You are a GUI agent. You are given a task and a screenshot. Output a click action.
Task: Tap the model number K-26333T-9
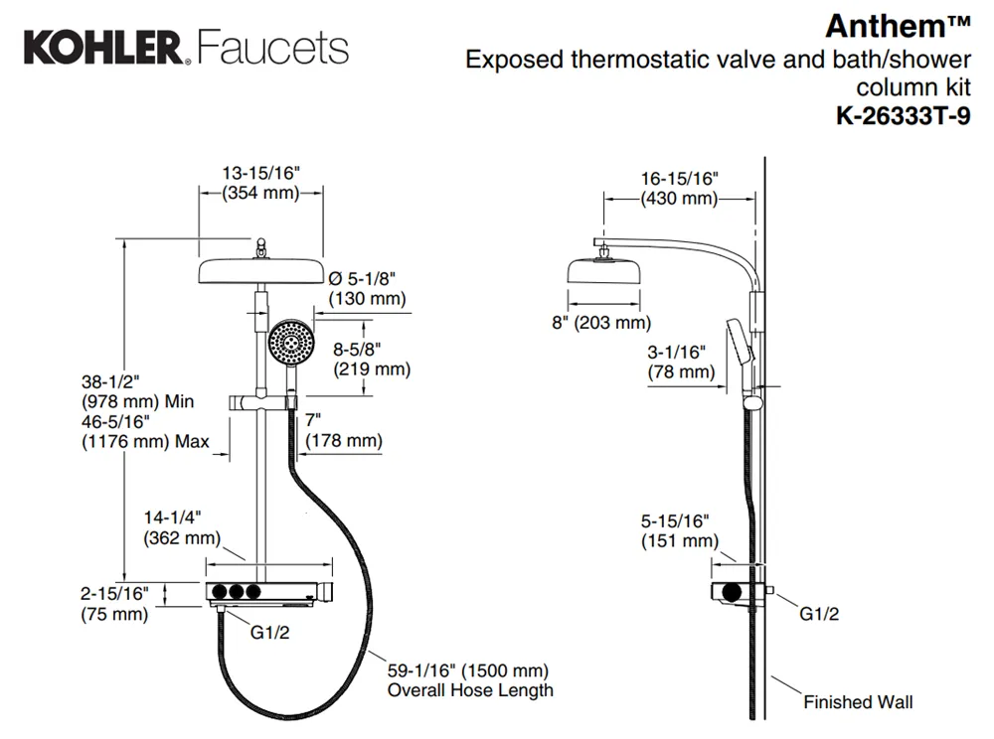[903, 116]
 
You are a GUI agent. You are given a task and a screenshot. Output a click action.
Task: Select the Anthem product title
[898, 26]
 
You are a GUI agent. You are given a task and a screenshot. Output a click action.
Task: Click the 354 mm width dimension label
[260, 193]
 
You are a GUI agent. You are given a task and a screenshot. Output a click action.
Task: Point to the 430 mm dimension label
[679, 199]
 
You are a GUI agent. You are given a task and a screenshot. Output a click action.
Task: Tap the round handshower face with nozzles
[291, 342]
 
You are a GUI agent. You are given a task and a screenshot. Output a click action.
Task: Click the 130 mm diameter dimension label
[367, 298]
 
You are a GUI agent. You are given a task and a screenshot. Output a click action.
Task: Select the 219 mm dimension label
[372, 369]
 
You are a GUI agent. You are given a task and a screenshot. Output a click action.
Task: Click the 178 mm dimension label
[344, 440]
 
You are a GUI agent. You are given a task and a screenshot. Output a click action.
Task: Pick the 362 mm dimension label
[182, 538]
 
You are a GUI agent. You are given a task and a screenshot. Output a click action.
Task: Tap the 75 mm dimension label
[114, 614]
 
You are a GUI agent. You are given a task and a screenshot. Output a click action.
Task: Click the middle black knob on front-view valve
[237, 592]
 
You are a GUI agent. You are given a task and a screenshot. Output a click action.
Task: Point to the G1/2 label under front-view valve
[269, 632]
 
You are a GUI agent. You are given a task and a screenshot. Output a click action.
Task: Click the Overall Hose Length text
[470, 690]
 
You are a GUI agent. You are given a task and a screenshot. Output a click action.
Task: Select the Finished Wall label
[859, 701]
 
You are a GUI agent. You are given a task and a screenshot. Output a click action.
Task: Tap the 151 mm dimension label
[680, 540]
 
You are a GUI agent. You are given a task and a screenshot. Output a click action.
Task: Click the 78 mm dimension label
[681, 371]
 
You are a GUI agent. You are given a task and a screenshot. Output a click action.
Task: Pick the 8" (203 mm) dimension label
[601, 323]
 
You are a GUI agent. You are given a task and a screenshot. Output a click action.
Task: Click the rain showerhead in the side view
[603, 271]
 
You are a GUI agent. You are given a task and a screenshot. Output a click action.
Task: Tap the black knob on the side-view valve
[732, 593]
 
